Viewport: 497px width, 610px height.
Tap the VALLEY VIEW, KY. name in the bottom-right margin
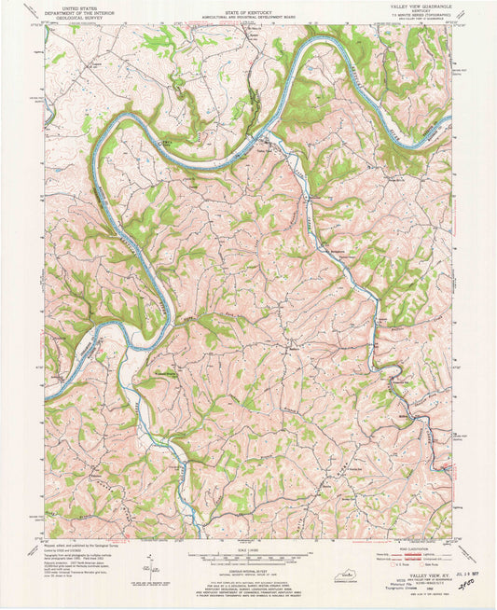tap(421, 578)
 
